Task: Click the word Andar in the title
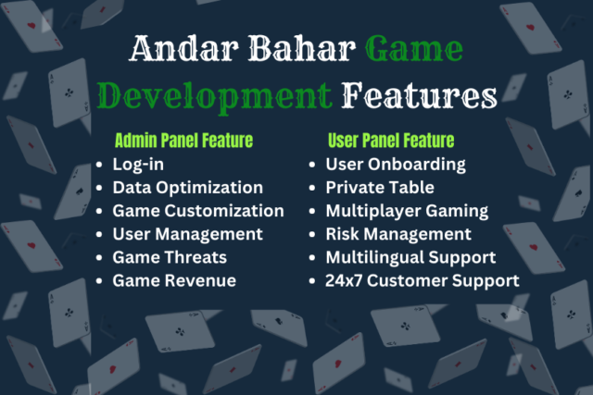tap(185, 48)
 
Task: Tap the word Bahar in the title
tap(302, 48)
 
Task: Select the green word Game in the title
tap(414, 48)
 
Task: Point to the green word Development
tap(215, 97)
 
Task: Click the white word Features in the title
tap(420, 95)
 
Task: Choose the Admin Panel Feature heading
tap(183, 141)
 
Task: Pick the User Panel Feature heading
tap(391, 141)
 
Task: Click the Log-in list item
tap(138, 165)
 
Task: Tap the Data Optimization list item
tap(187, 188)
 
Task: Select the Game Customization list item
tap(198, 211)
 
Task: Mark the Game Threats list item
tap(170, 257)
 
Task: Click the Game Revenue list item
tap(174, 280)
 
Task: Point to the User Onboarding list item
tap(396, 165)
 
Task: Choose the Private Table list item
tap(380, 187)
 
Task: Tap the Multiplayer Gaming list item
tap(407, 212)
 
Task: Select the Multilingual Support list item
tap(410, 258)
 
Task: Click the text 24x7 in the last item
tap(344, 280)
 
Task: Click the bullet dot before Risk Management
tap(312, 235)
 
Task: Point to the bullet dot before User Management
tap(99, 235)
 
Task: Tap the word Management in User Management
tap(209, 235)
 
